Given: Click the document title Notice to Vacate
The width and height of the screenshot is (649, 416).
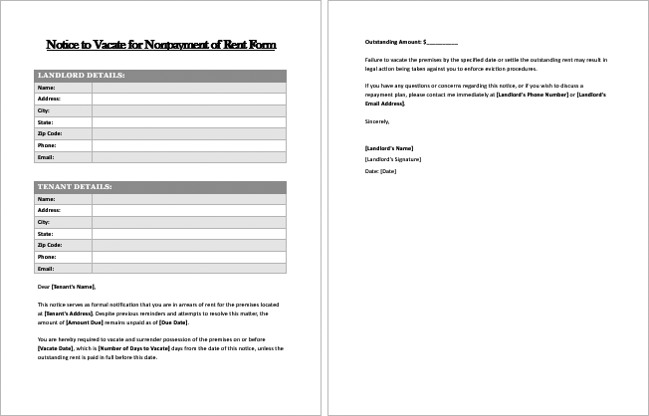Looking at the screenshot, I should [x=160, y=45].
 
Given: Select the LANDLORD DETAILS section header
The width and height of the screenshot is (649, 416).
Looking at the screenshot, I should [x=81, y=76].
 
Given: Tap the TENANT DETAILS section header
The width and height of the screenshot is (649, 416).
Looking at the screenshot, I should [x=76, y=187].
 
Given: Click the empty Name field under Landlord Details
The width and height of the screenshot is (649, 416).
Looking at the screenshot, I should [x=188, y=88].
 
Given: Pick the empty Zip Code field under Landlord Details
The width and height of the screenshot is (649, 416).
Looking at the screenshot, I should [x=188, y=133].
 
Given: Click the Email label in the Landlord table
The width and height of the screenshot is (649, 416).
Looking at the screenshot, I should [x=46, y=157].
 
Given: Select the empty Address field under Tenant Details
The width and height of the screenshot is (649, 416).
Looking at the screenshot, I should [x=188, y=210].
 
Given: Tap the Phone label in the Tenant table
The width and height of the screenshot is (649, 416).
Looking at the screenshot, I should [x=47, y=257].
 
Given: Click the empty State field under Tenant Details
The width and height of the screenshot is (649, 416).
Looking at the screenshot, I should [x=188, y=233].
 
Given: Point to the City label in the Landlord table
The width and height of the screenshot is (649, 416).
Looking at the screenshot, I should [x=44, y=110].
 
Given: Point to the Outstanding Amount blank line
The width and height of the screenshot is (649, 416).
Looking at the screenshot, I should [x=442, y=43].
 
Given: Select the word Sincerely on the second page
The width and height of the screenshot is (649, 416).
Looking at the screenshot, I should [x=378, y=120].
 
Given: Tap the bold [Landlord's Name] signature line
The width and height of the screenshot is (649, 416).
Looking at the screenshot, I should [x=389, y=147].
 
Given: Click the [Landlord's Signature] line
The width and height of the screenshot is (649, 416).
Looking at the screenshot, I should [x=393, y=159].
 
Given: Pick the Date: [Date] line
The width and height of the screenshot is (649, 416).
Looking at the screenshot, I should [x=381, y=171].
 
